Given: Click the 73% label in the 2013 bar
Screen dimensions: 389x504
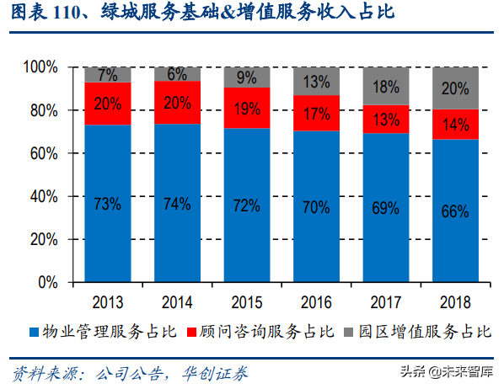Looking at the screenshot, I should click(x=107, y=205).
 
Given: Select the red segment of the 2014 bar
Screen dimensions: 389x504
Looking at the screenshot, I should click(x=177, y=102).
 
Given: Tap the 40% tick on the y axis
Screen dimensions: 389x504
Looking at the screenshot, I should click(x=44, y=196).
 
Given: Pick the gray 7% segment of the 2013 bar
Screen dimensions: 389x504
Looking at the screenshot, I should click(x=107, y=74).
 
